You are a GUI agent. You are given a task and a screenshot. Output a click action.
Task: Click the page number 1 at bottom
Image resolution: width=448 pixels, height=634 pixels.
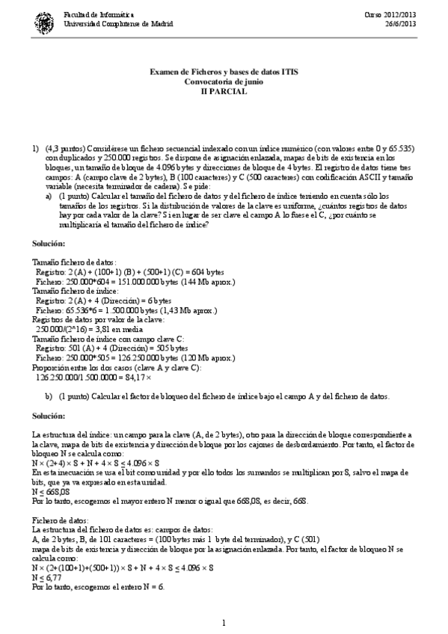tap(224, 623)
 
